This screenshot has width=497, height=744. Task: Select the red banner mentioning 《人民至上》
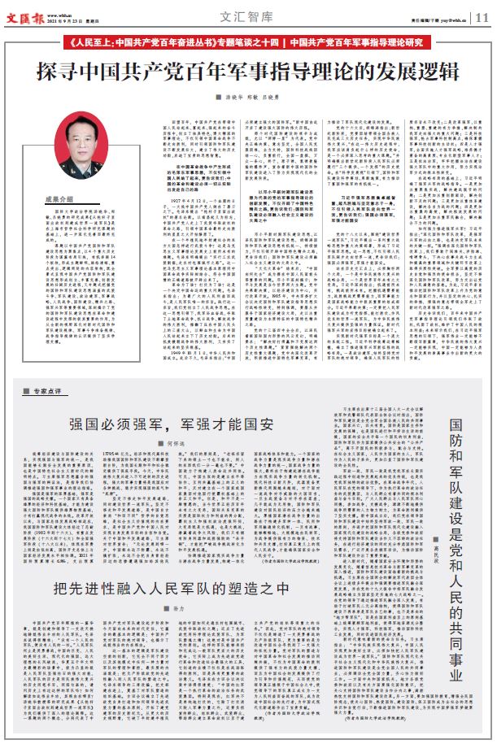click(x=248, y=41)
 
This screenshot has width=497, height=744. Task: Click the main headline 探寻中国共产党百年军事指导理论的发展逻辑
click(x=248, y=71)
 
